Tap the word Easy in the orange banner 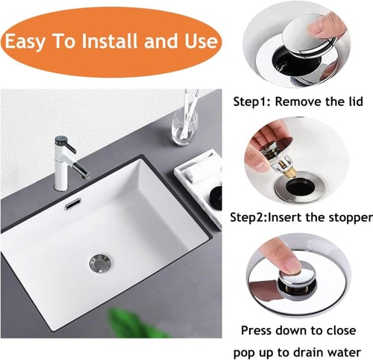[25, 42]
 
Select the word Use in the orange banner [201, 41]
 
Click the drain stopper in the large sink [101, 263]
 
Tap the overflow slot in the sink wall [73, 203]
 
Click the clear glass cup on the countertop [184, 128]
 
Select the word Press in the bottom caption [257, 331]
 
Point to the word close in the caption [341, 330]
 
